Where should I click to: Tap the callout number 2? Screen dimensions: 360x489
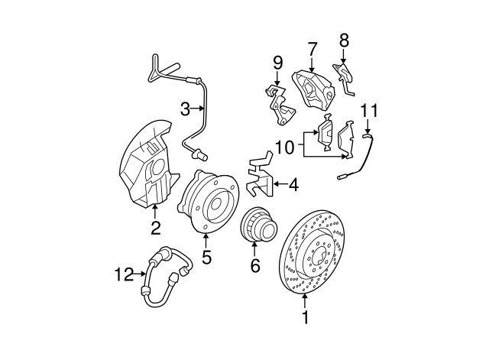pos(155,227)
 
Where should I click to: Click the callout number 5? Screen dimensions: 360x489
pos(206,258)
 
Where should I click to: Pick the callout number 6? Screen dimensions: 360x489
pos(255,265)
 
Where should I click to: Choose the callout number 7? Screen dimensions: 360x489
pos(312,49)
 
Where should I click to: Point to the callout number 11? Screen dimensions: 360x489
pos(370,111)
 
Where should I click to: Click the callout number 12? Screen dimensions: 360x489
pos(122,273)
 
